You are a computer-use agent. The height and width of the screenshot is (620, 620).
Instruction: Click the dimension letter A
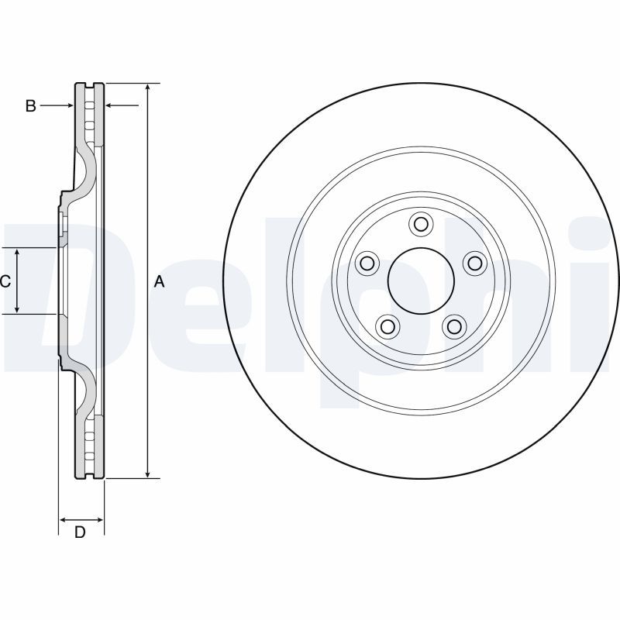[159, 282]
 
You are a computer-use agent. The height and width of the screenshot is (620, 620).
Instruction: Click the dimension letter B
[30, 106]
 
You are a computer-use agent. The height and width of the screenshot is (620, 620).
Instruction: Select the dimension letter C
[5, 281]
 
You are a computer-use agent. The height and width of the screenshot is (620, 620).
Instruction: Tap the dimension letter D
[80, 532]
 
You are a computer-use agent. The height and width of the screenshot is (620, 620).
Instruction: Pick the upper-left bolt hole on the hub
[367, 263]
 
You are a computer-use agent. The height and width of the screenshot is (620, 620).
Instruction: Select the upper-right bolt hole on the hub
[474, 263]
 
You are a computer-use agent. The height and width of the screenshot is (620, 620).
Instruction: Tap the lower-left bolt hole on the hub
[387, 326]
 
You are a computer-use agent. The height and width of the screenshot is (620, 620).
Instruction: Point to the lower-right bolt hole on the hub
[454, 326]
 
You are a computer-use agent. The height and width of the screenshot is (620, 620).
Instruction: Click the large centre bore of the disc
[421, 281]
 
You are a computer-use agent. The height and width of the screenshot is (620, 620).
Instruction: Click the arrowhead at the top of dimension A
[147, 88]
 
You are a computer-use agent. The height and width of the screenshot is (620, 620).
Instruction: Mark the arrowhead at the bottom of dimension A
[147, 474]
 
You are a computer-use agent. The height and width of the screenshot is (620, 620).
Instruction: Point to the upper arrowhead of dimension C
[17, 253]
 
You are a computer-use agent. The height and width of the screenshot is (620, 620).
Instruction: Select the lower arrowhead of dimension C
[17, 309]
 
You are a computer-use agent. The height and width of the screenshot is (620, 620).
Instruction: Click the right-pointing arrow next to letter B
[57, 105]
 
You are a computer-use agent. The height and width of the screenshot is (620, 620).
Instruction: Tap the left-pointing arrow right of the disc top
[122, 105]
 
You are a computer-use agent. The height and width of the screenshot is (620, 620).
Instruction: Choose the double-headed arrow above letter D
[81, 519]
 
